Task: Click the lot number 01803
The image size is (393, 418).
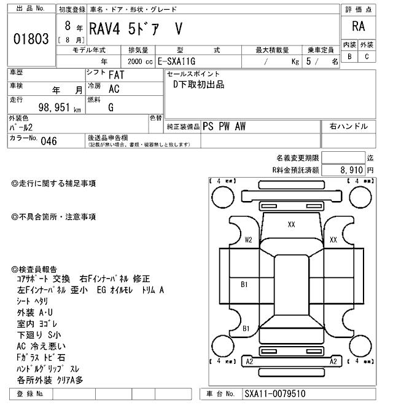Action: tap(30, 38)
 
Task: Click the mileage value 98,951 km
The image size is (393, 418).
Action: tap(55, 108)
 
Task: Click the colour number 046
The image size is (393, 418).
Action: tap(49, 140)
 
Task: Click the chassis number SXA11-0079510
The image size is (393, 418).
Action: tap(274, 394)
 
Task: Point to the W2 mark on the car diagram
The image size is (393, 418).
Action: tap(249, 240)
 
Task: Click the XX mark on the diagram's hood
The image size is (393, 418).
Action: tap(291, 225)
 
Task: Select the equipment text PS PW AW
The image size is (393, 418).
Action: tap(224, 126)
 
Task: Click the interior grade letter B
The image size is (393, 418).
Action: tap(350, 57)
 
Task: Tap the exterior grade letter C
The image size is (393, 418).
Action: tap(367, 57)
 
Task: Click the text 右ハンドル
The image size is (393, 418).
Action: tap(348, 126)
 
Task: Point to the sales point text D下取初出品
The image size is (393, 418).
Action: tap(198, 85)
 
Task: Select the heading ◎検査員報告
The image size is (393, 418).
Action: tap(34, 269)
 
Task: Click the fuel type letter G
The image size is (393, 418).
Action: tap(111, 108)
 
